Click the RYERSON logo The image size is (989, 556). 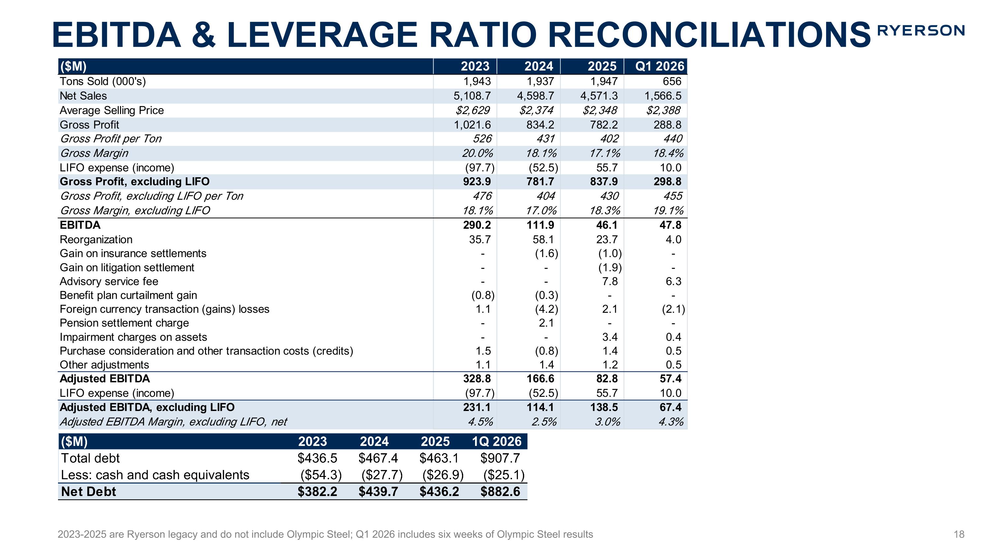tap(921, 30)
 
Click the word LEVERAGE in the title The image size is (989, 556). tap(322, 35)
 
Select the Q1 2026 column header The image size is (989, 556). tap(660, 66)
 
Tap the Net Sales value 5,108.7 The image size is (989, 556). tap(472, 96)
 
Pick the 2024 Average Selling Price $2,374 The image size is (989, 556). tap(536, 110)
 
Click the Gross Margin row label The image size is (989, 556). tap(94, 153)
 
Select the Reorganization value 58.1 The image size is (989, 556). tap(543, 239)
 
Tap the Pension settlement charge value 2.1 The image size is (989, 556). tap(546, 323)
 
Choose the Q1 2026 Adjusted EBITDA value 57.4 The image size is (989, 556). tap(670, 379)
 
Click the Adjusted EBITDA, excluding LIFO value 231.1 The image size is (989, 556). tap(477, 407)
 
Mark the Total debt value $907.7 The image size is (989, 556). tap(500, 458)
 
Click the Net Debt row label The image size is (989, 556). tap(89, 491)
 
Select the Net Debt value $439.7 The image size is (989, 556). tap(378, 491)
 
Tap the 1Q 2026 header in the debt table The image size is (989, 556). tap(496, 441)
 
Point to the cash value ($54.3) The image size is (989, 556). tap(321, 475)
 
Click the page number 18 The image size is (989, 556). tap(959, 534)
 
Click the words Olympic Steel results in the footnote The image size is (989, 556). tap(545, 534)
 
